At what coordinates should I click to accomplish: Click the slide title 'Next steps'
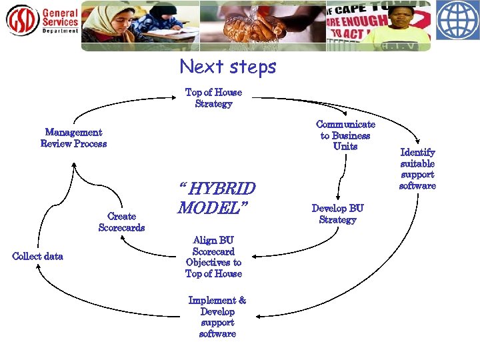pyautogui.click(x=227, y=67)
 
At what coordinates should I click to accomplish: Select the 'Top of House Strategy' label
pyautogui.click(x=213, y=98)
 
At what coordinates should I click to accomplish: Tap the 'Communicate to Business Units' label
pyautogui.click(x=345, y=135)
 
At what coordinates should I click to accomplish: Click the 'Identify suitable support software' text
pyautogui.click(x=417, y=169)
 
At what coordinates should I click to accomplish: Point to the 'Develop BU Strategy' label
pyautogui.click(x=337, y=214)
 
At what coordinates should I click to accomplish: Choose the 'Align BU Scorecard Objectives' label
pyautogui.click(x=213, y=257)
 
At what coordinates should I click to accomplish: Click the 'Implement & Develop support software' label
pyautogui.click(x=217, y=317)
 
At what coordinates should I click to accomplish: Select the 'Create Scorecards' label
pyautogui.click(x=121, y=222)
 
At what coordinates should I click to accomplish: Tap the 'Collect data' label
pyautogui.click(x=38, y=257)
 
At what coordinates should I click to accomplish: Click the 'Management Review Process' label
pyautogui.click(x=73, y=138)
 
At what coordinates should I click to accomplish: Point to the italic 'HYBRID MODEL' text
pyautogui.click(x=216, y=198)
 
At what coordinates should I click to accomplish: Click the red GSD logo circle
pyautogui.click(x=22, y=21)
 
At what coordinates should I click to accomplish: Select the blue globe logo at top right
pyautogui.click(x=457, y=21)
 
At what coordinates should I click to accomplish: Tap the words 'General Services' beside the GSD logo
pyautogui.click(x=60, y=18)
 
